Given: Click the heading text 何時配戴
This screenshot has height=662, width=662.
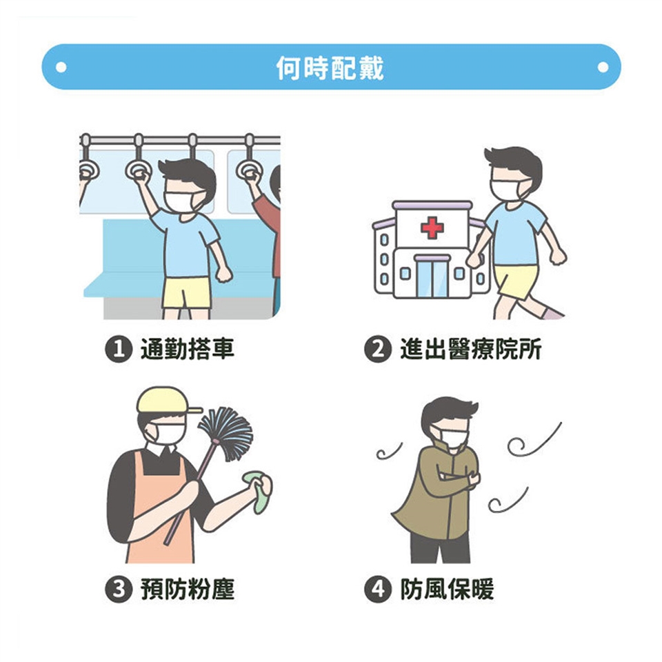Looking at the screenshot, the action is tap(330, 68).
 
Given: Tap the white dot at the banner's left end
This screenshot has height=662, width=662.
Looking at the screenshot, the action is tap(61, 67).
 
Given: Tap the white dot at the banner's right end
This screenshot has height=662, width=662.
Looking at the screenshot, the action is tap(603, 67).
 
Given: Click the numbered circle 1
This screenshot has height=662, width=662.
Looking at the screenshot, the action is tap(117, 350).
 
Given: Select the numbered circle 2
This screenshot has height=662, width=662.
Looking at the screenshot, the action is tap(377, 350).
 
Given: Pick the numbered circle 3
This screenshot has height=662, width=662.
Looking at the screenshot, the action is tap(117, 590).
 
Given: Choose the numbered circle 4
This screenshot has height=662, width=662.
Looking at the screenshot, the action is tap(377, 590).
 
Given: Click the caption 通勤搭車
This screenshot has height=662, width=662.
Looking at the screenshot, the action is tap(187, 350).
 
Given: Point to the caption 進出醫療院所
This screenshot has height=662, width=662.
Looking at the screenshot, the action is tap(470, 350).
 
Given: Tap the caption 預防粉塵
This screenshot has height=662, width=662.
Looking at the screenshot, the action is tap(187, 590).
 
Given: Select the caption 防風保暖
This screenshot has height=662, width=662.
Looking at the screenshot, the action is tap(447, 590).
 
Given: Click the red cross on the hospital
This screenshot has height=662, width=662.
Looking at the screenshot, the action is tap(432, 228).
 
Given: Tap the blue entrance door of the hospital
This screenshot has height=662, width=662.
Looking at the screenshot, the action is tap(432, 277).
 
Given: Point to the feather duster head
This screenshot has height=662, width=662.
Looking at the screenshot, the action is tap(227, 433).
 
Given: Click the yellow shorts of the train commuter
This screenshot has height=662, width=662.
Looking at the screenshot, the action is tap(187, 292).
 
